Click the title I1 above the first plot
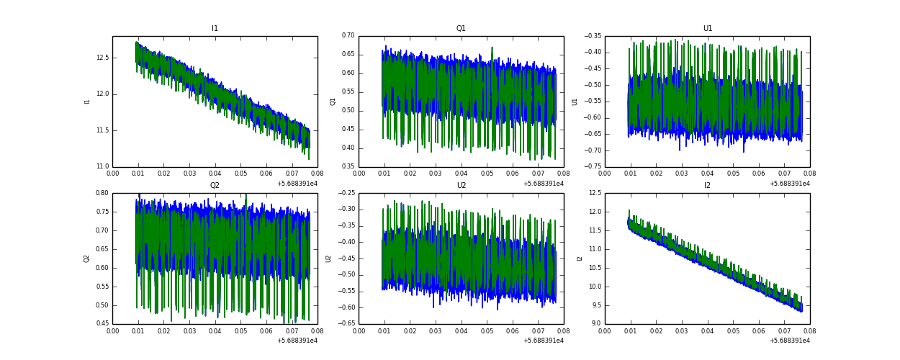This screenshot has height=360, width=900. (x=215, y=29)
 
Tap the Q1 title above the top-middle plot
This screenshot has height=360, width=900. (x=461, y=29)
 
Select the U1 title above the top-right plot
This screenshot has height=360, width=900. (x=708, y=29)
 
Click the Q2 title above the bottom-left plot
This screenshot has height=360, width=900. (x=215, y=186)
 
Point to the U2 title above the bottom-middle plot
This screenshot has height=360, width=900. (x=461, y=186)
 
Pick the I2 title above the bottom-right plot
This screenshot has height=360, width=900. (x=708, y=186)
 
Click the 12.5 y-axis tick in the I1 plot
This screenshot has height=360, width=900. (x=102, y=58)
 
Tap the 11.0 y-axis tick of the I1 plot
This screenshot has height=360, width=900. (x=102, y=167)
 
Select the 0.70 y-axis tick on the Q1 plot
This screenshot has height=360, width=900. (x=348, y=35)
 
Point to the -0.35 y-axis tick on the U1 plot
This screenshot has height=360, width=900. (x=593, y=35)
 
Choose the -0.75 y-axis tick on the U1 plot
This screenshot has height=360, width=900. (x=593, y=167)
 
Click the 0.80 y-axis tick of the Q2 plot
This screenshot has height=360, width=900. (x=102, y=193)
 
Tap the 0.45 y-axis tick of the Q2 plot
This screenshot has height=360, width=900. (x=102, y=324)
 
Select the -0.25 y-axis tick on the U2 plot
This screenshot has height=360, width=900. (x=346, y=193)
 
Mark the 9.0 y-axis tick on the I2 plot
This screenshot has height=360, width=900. (x=595, y=324)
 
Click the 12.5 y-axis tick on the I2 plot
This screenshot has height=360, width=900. (x=594, y=193)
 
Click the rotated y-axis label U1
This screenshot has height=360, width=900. (x=575, y=102)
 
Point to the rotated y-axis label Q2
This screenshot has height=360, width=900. (x=86, y=258)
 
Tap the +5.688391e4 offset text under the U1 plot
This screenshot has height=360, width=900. (x=789, y=184)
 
